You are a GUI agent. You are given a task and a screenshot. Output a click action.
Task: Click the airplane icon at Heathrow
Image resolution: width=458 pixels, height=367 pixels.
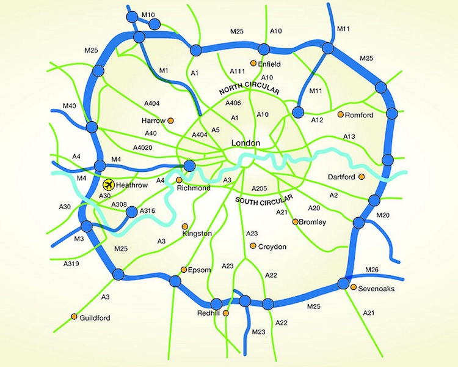109,184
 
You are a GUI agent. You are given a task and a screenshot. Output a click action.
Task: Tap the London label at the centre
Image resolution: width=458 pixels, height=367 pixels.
246,143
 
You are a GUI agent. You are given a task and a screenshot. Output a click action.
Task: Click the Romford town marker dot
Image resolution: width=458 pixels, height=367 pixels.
340,114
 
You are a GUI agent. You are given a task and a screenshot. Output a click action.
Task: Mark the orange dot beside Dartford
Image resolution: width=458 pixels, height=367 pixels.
362,177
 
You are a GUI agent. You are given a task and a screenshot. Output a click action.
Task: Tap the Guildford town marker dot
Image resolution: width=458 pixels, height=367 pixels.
74,317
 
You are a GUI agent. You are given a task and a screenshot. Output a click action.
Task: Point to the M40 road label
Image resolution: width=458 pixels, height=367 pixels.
69,106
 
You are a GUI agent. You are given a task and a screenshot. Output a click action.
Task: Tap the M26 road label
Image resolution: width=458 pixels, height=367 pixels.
373,270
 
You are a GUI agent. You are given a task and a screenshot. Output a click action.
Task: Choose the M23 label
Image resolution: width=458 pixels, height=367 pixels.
258,332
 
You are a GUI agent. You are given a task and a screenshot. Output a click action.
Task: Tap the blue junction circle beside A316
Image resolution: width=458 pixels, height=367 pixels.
131,212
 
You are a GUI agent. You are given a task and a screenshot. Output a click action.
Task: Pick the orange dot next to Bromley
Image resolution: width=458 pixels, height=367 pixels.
296,221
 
